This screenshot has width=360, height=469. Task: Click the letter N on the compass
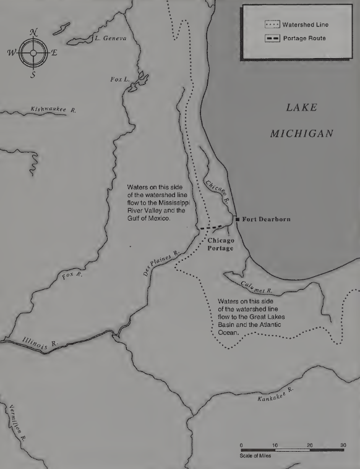tap(34, 32)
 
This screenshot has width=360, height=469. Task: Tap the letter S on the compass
tap(33, 75)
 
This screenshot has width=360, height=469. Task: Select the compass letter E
tap(54, 53)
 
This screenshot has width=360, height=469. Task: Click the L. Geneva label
tap(110, 38)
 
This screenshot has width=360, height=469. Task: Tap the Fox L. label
tap(119, 79)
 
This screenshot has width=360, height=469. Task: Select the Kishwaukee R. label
tap(53, 109)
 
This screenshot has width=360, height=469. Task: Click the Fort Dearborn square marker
tap(238, 219)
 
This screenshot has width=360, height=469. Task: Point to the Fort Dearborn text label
tap(266, 219)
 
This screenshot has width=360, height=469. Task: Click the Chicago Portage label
tap(220, 244)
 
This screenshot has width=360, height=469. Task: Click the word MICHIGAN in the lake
tap(302, 133)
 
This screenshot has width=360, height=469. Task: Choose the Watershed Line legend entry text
tap(306, 25)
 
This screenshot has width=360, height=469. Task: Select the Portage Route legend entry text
tap(304, 39)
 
